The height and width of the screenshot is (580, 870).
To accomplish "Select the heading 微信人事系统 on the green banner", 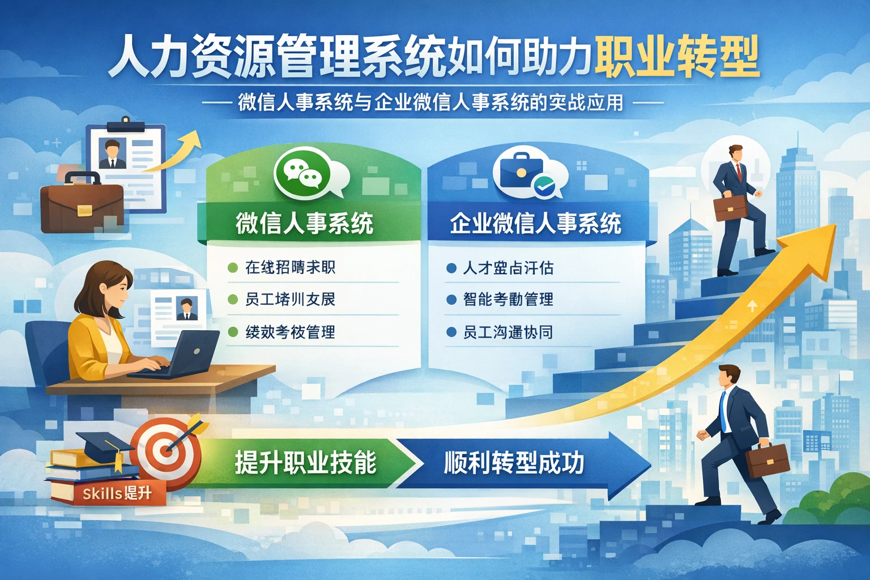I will tap(305, 223).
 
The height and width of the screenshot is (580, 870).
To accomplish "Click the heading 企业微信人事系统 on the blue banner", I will tap(535, 223).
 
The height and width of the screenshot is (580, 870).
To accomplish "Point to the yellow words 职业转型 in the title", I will tap(677, 58).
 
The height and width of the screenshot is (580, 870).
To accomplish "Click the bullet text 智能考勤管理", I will tap(508, 299).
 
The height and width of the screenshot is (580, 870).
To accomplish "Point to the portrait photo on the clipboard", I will tap(112, 153).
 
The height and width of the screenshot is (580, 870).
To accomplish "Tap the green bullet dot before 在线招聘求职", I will tap(232, 267).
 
